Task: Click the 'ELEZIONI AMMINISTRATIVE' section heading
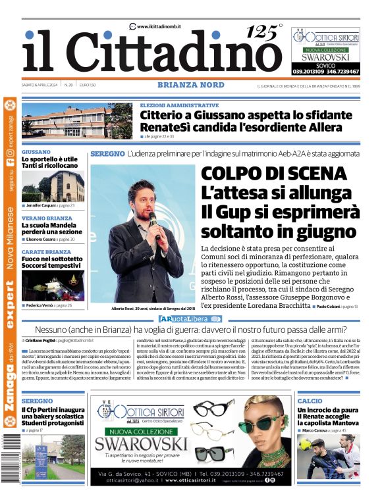point(179,105)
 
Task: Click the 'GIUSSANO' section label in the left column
point(36,151)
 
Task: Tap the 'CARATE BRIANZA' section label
point(46,252)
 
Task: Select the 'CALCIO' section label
point(310,401)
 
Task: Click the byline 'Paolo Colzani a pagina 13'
point(336,307)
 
